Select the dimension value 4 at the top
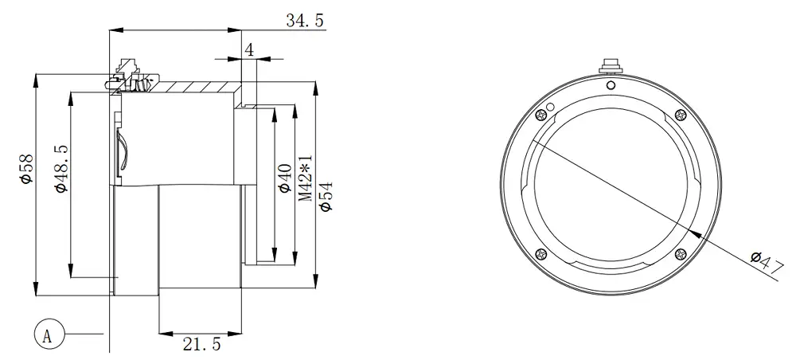click(249, 49)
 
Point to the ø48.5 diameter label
click(60, 169)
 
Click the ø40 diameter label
click(283, 180)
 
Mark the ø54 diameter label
click(325, 194)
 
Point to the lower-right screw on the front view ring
click(679, 254)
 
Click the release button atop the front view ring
click(611, 64)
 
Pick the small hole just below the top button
click(611, 84)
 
